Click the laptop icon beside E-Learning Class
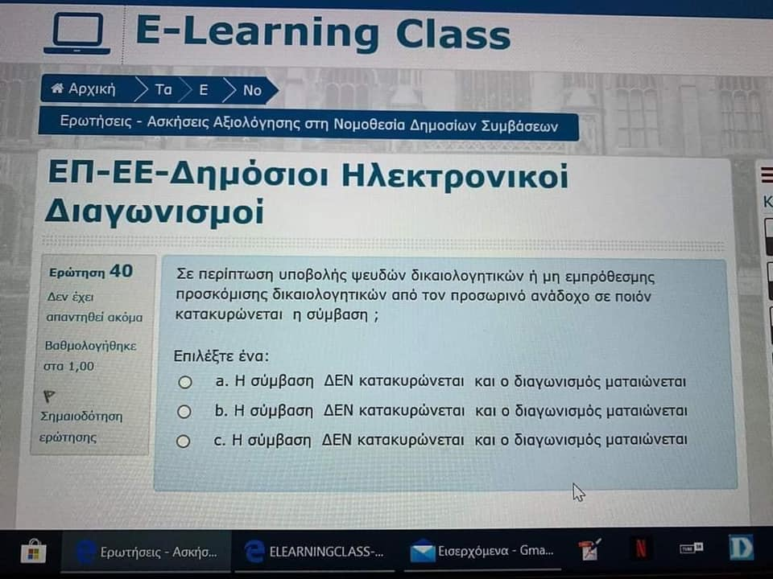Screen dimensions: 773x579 click(x=77, y=34)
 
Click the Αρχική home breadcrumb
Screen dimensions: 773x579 click(x=85, y=88)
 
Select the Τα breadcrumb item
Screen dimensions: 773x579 click(x=163, y=89)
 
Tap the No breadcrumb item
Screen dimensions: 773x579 click(x=252, y=91)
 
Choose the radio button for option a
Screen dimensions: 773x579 click(x=185, y=382)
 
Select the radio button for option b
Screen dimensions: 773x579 click(x=184, y=412)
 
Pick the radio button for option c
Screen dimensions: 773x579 click(x=184, y=441)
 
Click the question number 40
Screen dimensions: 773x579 click(x=122, y=271)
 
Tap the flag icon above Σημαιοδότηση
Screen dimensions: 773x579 click(x=49, y=396)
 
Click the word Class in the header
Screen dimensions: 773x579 click(x=453, y=35)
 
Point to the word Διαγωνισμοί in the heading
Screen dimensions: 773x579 click(x=155, y=211)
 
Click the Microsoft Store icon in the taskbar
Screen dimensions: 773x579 click(x=34, y=552)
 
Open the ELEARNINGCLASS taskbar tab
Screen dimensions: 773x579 click(x=315, y=552)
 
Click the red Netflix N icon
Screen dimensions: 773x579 click(x=640, y=548)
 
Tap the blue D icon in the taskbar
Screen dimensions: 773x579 click(x=741, y=548)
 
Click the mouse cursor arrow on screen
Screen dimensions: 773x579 click(x=578, y=492)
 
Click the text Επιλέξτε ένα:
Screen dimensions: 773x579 click(x=221, y=356)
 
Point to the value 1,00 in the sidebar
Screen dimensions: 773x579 click(x=81, y=367)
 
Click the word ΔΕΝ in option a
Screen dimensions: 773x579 click(x=339, y=381)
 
